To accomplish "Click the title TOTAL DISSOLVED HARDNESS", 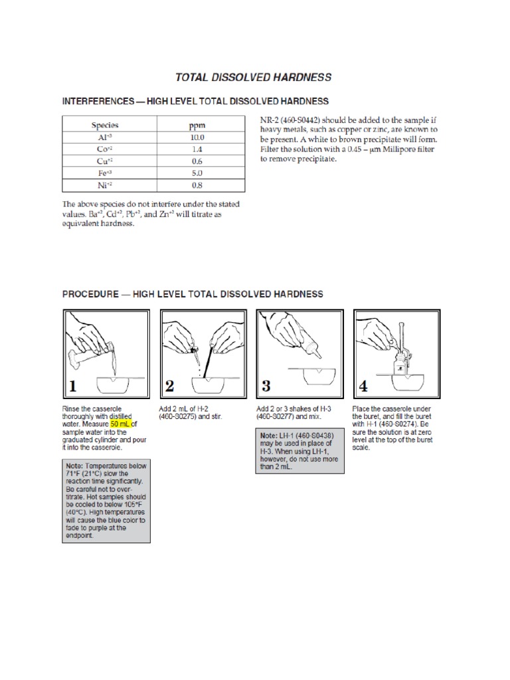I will (253, 78).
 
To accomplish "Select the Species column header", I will (105, 124).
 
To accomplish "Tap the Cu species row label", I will (105, 161).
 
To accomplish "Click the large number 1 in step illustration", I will (74, 385).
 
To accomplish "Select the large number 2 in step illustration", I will (170, 385).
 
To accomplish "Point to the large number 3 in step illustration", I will (266, 385).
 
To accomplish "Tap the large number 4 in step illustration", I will (363, 385).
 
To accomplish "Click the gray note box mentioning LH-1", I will (300, 451).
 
